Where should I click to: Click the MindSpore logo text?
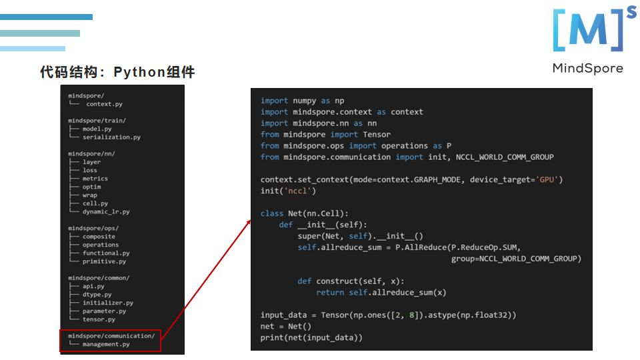(x=587, y=68)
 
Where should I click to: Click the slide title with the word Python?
(x=117, y=72)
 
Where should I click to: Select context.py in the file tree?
(x=104, y=104)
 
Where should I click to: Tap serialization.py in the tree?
(x=111, y=137)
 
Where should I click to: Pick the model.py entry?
(x=97, y=129)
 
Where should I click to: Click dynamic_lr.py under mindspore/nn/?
(x=106, y=211)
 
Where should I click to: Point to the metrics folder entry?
(x=95, y=179)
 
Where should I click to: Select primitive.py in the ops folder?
(x=104, y=261)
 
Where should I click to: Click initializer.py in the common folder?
(x=108, y=303)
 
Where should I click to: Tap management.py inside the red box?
(x=106, y=344)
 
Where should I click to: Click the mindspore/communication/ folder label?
(x=111, y=336)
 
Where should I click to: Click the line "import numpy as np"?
(x=302, y=101)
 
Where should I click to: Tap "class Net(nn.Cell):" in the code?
(x=304, y=213)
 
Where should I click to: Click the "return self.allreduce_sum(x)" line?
(x=381, y=292)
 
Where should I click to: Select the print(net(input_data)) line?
(x=311, y=337)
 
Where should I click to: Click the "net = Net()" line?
(x=285, y=326)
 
